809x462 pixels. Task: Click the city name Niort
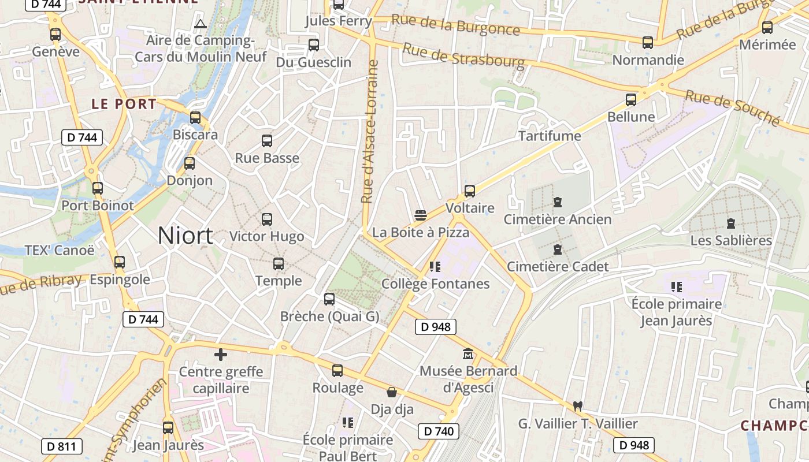coord(185,236)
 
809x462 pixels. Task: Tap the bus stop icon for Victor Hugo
coord(267,219)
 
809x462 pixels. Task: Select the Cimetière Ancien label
coord(557,219)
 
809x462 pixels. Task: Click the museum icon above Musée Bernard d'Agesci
coord(468,353)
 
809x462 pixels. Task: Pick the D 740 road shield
coord(438,431)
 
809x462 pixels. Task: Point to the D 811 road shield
coord(62,446)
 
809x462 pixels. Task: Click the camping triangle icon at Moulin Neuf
coord(201,24)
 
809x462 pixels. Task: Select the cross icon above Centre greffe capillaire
coord(220,355)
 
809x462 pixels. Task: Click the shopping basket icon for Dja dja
coord(392,393)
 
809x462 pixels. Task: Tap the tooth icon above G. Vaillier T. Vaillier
coord(577,406)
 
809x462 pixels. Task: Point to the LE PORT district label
coord(124,104)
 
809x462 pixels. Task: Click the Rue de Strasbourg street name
coord(463,55)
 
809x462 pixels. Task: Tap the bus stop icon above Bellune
coord(631,100)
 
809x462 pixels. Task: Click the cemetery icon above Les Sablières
coord(731,223)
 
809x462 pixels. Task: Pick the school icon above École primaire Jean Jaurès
coord(677,286)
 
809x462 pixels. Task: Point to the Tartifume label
coord(550,136)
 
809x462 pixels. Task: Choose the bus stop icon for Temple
coord(279,264)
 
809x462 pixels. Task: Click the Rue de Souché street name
coord(732,107)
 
